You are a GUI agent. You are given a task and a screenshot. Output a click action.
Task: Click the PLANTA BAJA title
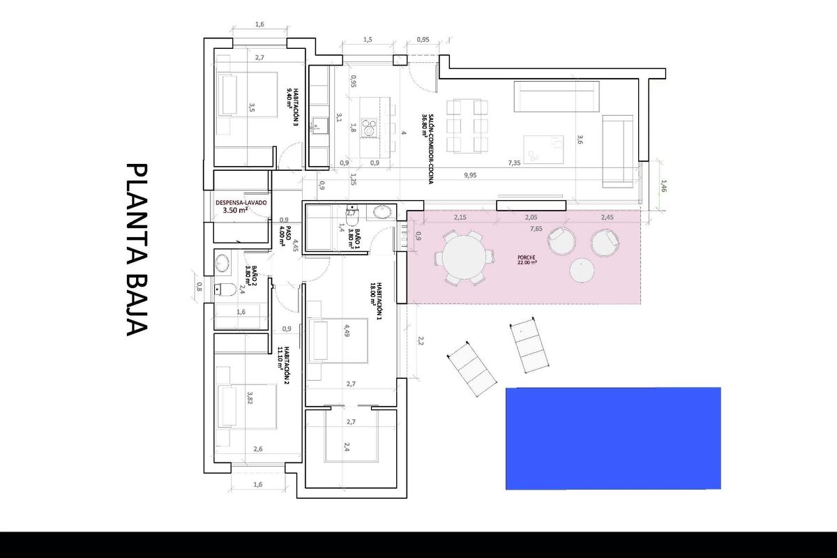click(137, 250)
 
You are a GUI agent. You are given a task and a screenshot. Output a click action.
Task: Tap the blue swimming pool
click(612, 438)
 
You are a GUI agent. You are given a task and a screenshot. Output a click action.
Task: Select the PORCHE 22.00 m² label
click(527, 259)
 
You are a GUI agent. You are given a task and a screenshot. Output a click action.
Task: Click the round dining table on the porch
click(462, 257)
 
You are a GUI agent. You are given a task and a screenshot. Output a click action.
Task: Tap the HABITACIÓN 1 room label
click(377, 301)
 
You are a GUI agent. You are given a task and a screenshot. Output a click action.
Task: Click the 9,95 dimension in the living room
click(469, 175)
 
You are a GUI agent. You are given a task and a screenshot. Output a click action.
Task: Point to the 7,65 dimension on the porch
click(536, 228)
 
